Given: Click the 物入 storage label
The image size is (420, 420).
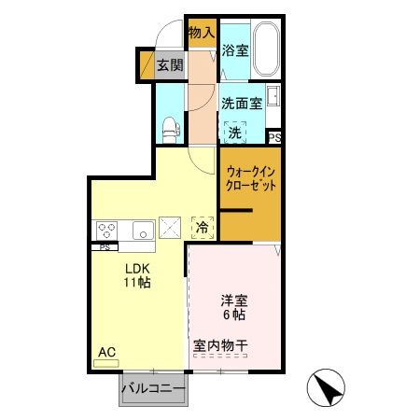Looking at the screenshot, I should pyautogui.click(x=202, y=33).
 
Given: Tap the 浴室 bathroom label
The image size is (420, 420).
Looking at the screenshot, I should pyautogui.click(x=236, y=51).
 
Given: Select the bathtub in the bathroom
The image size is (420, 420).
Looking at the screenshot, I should pyautogui.click(x=268, y=50).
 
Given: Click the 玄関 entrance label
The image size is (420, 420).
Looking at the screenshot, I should pyautogui.click(x=169, y=65).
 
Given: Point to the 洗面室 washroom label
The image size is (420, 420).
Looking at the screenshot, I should pyautogui.click(x=242, y=105).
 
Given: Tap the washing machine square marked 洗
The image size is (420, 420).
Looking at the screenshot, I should pyautogui.click(x=235, y=133).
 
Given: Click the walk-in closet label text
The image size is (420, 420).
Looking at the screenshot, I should pyautogui.click(x=251, y=177).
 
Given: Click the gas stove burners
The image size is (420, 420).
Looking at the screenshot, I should pyautogui.click(x=106, y=230).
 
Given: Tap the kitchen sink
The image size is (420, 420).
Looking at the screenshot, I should pyautogui.click(x=142, y=230).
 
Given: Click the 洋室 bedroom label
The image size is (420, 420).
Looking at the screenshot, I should pyautogui.click(x=233, y=300).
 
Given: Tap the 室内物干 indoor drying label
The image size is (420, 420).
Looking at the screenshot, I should pyautogui.click(x=222, y=345).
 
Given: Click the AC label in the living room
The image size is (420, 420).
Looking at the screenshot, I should pyautogui.click(x=106, y=351).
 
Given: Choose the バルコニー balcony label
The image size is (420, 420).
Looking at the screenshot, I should pyautogui.click(x=152, y=387).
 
